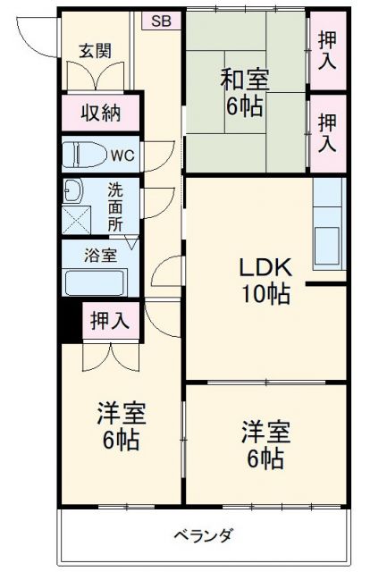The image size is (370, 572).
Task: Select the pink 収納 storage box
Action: pos(101,114)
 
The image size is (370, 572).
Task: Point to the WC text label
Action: pos(122,155)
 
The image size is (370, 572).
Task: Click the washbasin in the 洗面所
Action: pos(72,190)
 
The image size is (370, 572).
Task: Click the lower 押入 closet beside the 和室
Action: pos(328,131)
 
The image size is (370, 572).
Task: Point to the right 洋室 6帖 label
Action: pos(265,444)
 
